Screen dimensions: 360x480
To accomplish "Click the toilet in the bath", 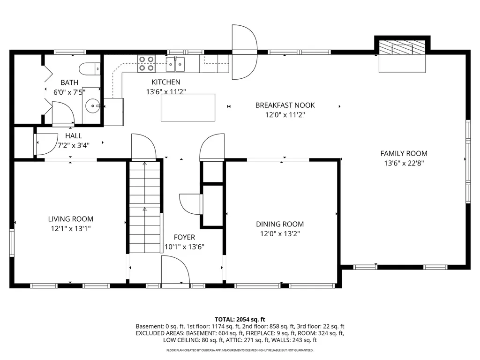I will click(x=90, y=69).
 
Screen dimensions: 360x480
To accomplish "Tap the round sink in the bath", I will click(x=93, y=106).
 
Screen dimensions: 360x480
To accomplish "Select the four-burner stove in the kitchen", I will click(x=146, y=63).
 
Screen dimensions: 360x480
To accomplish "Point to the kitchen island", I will click(x=188, y=108).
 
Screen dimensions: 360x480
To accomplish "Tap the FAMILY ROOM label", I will click(x=404, y=153).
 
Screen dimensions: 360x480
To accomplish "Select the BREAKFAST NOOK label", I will click(x=285, y=105).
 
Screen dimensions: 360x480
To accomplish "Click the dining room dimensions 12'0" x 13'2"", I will click(x=279, y=233).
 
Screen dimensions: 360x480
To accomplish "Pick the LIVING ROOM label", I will click(x=70, y=219).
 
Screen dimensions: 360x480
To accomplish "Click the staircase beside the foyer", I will click(x=144, y=206).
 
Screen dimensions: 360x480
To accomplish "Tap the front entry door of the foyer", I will click(x=174, y=271).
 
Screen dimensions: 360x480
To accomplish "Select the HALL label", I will click(x=74, y=136).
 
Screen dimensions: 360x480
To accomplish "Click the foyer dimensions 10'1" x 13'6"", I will click(x=184, y=247).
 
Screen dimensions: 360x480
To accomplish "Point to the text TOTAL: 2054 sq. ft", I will click(x=240, y=319).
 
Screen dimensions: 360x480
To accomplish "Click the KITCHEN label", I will click(x=165, y=82).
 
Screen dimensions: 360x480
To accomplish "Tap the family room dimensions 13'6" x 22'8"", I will click(x=404, y=163).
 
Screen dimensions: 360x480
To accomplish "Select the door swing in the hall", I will click(x=45, y=144).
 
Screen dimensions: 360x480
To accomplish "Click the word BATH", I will click(x=69, y=82).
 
